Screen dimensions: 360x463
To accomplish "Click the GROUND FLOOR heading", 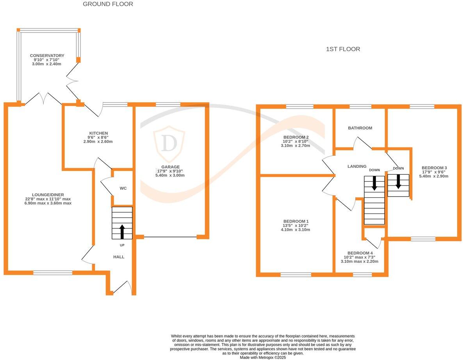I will pos(108,4).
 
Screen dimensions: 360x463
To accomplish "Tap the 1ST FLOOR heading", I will pos(343,49).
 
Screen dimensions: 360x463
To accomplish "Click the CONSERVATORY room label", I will pos(47,56).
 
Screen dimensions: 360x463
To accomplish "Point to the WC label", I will pos(123,188).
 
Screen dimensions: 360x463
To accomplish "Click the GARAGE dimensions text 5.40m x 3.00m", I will pos(170,176).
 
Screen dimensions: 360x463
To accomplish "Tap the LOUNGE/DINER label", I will pos(48,195).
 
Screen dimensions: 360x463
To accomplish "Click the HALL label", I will pos(119,257).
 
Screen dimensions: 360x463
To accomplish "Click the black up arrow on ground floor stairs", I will pos(122,231).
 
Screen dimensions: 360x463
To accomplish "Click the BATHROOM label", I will pos(360,128).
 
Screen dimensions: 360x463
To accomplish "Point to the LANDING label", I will pos(357,167).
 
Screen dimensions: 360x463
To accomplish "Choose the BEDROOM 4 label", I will pos(360,253).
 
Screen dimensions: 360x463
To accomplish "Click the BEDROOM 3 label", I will pos(434,168).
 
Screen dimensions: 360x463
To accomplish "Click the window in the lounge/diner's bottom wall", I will pos(53,273).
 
